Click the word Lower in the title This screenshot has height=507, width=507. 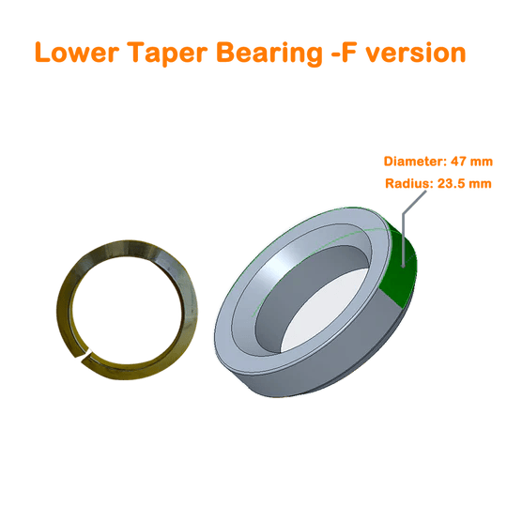click(77, 52)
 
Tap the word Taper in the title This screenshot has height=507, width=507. click(167, 54)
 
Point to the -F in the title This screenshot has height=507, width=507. click(344, 53)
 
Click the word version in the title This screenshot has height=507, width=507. click(416, 53)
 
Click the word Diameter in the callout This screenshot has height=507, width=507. click(415, 161)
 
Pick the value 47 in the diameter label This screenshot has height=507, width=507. click(459, 161)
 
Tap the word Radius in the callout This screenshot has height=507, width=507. click(409, 183)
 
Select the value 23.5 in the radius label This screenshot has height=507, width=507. click(452, 183)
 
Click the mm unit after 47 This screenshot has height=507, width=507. click(482, 161)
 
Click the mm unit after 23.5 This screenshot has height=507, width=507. click(481, 184)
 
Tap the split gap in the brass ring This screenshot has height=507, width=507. click(84, 354)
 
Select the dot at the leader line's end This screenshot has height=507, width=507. click(403, 266)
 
